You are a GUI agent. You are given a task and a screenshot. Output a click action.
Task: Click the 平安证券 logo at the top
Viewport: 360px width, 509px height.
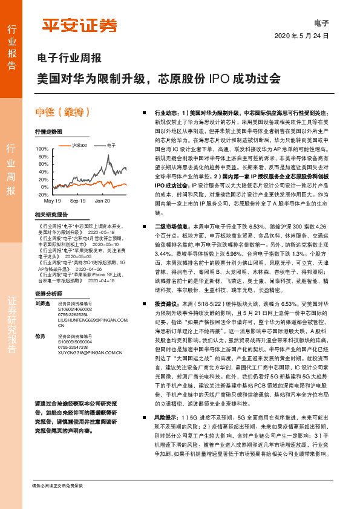(79, 25)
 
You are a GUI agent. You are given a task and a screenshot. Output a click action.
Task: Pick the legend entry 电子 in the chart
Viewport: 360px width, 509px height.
(111, 146)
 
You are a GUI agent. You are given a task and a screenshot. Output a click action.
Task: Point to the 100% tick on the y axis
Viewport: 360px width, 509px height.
(42, 149)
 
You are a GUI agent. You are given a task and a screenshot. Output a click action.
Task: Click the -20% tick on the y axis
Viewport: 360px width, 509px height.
(42, 195)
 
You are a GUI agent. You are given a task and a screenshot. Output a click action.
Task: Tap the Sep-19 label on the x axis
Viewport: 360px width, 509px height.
(77, 200)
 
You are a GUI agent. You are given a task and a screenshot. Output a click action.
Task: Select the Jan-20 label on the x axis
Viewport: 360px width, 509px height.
(102, 200)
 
